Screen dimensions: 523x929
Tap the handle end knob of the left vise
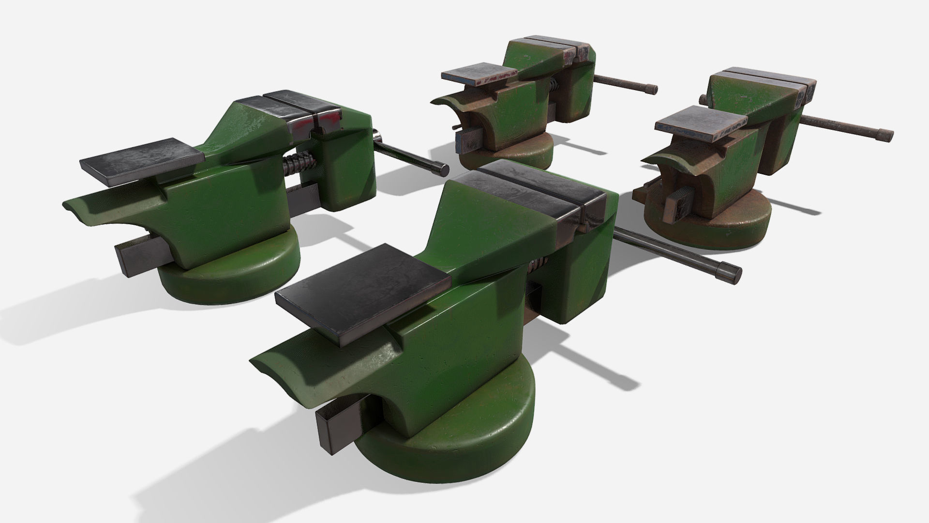point(441,169)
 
